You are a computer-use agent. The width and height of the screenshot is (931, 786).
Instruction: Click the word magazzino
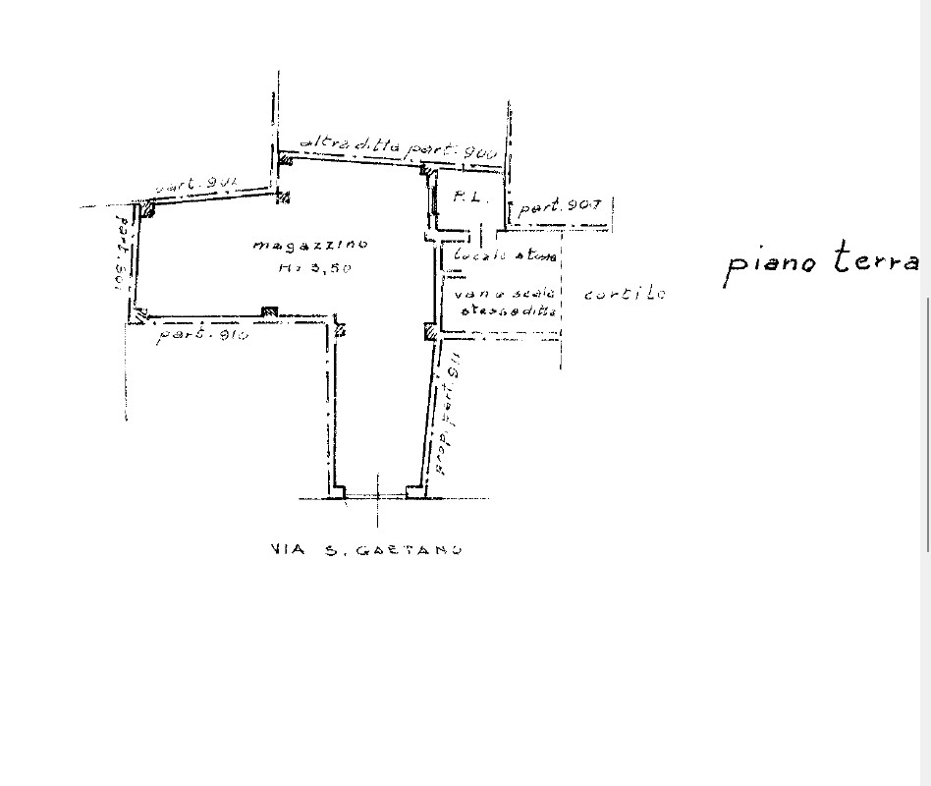coord(309,245)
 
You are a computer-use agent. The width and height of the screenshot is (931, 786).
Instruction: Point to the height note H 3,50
coord(314,268)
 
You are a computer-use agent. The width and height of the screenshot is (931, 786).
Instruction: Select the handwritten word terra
coord(877,259)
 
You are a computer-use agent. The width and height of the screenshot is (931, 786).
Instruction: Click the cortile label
coord(624,294)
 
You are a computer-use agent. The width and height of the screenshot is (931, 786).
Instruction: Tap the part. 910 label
coord(202,335)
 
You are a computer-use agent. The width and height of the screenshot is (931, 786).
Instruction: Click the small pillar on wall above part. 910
coord(268,312)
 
